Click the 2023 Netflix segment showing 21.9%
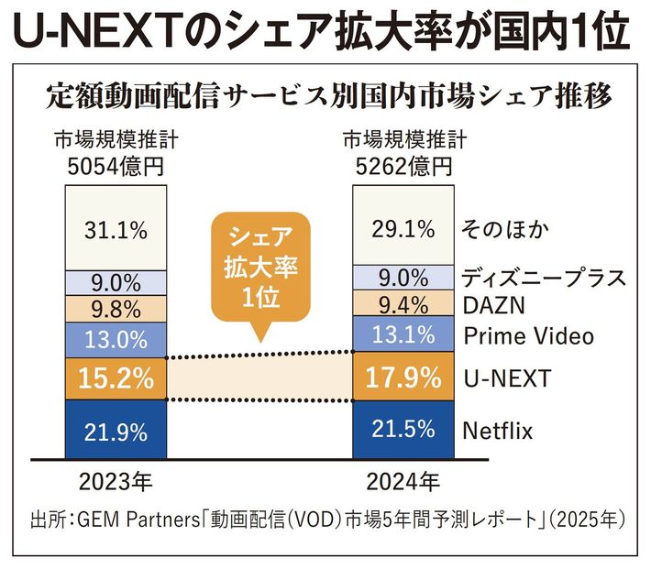115,429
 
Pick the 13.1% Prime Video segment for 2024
403,335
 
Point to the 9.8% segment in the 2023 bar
115,306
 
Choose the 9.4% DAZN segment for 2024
403,304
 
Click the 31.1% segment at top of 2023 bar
115,229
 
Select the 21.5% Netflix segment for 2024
403,429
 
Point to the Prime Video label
528,336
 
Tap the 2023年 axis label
115,479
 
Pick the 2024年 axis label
403,479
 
